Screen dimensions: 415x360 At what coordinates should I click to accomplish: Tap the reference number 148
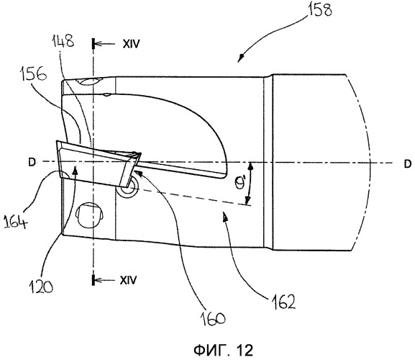pos(63,42)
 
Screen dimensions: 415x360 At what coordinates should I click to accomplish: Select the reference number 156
pos(33,74)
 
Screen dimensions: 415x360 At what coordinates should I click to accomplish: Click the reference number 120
pos(40,286)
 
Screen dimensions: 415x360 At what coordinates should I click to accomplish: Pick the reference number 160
pos(213,318)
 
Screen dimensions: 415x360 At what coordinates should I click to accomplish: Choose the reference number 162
pos(283,302)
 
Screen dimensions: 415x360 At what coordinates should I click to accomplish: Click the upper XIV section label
pos(131,44)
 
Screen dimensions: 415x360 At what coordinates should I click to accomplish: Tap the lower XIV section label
pos(129,280)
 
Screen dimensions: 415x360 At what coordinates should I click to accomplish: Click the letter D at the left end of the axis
pos(32,163)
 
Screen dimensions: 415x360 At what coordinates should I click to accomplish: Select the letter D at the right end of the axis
pos(408,163)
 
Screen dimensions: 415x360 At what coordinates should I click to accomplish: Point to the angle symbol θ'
pos(240,183)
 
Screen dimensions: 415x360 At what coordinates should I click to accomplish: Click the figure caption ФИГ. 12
pos(224,350)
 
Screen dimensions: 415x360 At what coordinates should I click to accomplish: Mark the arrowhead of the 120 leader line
pos(76,171)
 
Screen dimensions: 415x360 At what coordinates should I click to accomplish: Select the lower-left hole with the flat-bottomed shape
pos(89,215)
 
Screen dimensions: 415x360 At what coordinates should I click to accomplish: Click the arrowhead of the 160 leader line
pos(138,174)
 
